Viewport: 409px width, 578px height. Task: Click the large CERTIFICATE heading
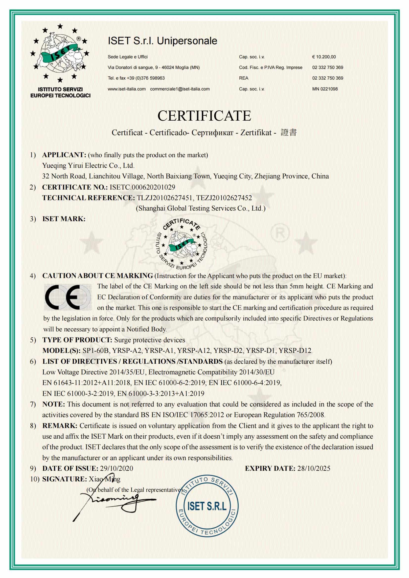coord(204,116)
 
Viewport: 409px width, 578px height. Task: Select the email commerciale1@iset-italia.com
coord(180,89)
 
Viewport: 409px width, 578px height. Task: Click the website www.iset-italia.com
coord(127,89)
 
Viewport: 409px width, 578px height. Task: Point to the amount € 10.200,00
coord(324,57)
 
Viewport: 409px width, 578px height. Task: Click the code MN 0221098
coord(325,89)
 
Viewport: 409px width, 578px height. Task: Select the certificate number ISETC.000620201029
coord(142,187)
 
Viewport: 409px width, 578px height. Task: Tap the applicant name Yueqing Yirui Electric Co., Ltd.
coord(88,166)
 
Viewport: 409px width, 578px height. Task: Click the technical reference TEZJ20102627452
coord(224,198)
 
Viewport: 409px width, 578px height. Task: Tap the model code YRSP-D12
coord(295,350)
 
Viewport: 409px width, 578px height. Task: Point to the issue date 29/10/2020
coord(116,468)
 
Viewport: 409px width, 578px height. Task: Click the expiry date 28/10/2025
coord(314,468)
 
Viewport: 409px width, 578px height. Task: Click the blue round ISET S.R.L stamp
coord(207,506)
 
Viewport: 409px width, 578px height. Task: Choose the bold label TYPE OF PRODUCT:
coord(77,340)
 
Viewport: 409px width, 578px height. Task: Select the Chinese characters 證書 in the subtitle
coord(289,132)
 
